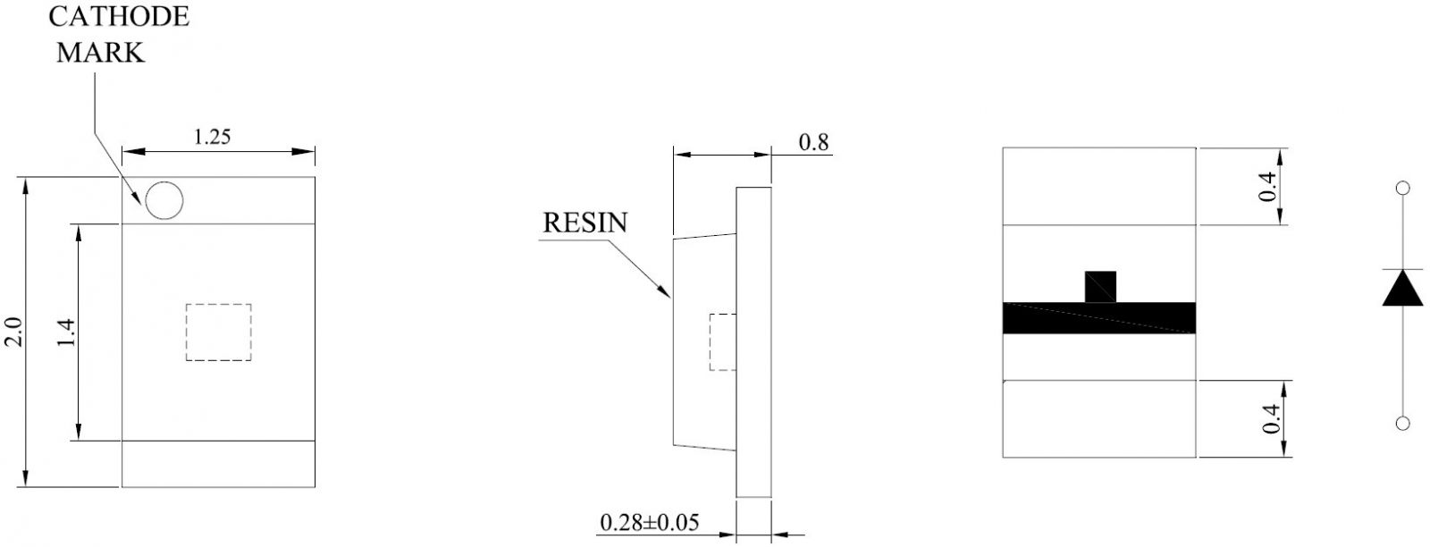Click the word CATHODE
119,17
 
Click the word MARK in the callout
100,53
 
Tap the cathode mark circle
164,200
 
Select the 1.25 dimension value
212,137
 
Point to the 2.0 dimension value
14,332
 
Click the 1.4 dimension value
66,332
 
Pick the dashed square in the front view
218,332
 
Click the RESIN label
585,223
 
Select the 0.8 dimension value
814,142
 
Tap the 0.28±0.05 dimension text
649,523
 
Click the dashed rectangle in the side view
723,342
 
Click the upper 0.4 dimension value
1268,187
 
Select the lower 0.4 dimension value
1271,418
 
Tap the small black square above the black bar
1100,287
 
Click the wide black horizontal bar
1099,318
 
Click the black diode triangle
1402,288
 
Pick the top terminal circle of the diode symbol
1403,188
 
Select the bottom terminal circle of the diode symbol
1402,423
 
